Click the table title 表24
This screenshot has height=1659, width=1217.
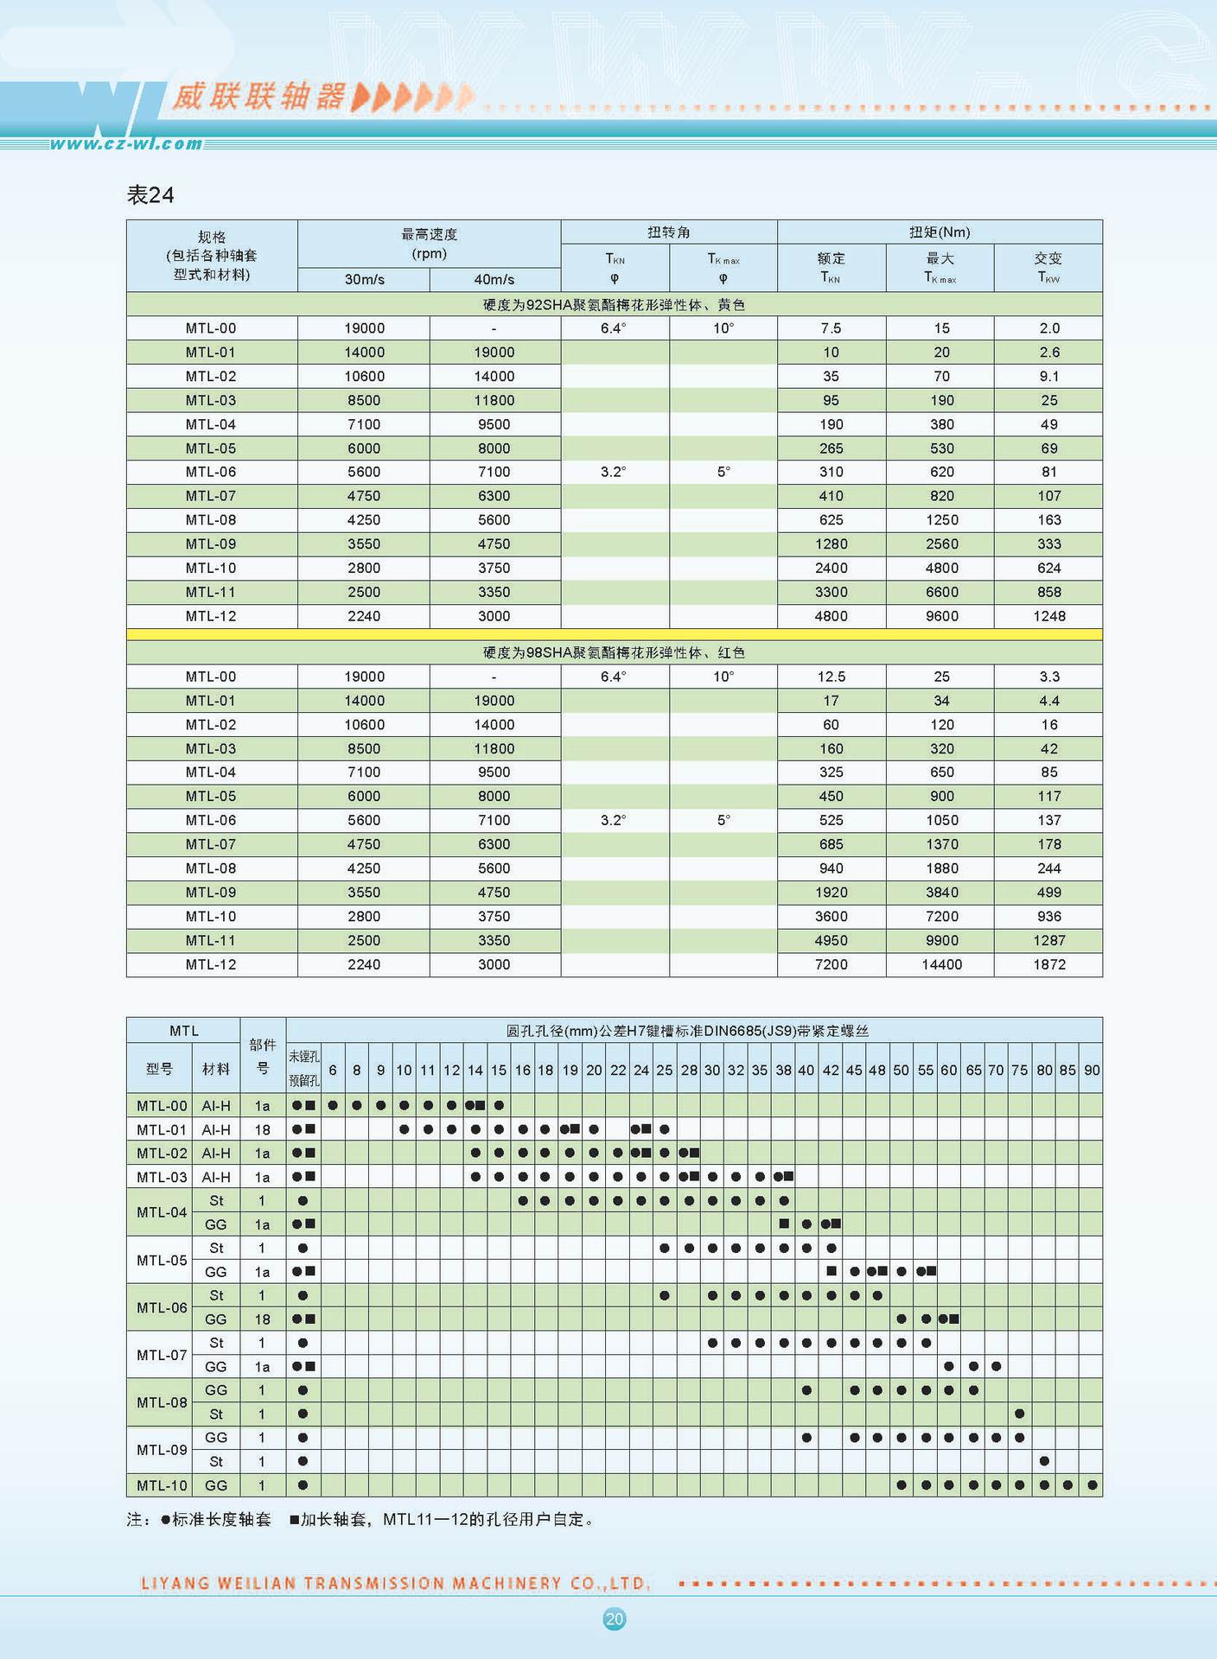150,195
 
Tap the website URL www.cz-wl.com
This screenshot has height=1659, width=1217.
126,144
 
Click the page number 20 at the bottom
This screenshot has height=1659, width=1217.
615,1618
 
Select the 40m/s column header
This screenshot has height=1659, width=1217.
494,279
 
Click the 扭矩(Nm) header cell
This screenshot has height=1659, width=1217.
940,232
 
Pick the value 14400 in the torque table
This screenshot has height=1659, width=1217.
941,964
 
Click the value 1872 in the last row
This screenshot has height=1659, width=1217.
1049,964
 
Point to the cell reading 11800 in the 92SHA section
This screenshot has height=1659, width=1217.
494,400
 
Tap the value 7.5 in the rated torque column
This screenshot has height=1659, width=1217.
832,328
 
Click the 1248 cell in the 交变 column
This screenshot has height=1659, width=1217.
1049,616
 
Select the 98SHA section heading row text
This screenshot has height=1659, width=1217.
614,652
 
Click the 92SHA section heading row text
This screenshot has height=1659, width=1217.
614,304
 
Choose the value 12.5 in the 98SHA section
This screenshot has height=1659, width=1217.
832,677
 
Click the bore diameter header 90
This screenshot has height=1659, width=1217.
1092,1070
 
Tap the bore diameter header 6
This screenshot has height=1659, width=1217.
333,1070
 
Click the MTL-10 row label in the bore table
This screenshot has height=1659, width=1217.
162,1485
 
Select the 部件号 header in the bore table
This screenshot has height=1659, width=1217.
263,1056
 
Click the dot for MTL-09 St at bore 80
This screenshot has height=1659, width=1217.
1044,1461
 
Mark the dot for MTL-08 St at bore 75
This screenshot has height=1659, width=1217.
1020,1414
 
